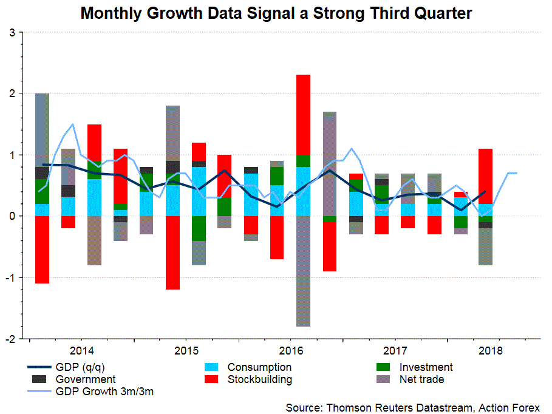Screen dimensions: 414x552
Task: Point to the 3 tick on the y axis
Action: click(13, 32)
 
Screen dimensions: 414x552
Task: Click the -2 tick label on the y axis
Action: click(12, 338)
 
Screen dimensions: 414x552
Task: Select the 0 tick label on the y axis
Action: click(13, 216)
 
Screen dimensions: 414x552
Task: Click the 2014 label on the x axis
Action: click(81, 351)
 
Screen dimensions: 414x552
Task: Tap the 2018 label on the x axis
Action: click(489, 351)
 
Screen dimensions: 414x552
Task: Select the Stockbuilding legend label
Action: click(259, 380)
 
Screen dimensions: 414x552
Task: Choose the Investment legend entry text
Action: click(426, 367)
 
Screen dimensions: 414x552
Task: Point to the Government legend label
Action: click(86, 380)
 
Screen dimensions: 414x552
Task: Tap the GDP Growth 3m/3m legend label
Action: click(104, 392)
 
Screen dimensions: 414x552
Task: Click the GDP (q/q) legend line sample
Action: click(39, 367)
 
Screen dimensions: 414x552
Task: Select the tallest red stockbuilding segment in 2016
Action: click(303, 115)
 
